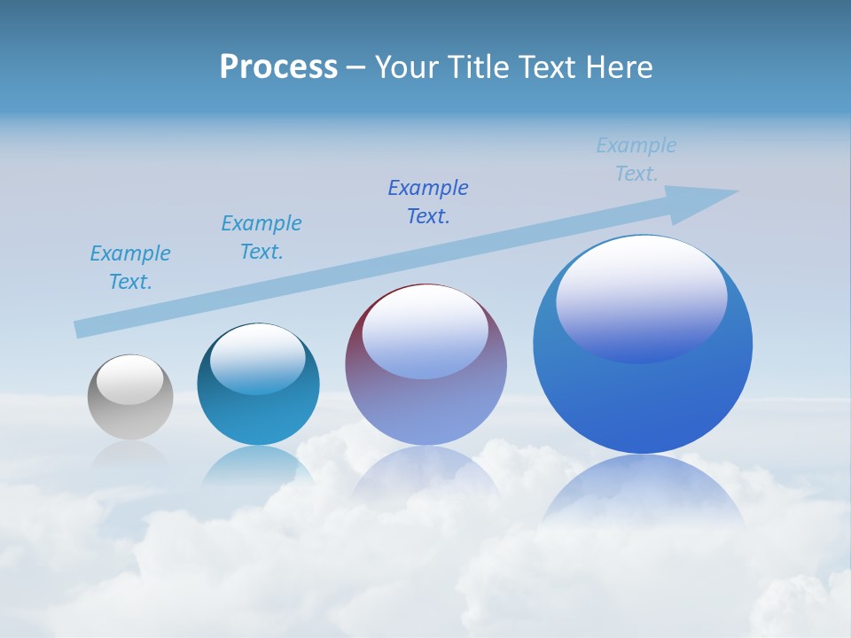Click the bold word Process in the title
click(x=278, y=67)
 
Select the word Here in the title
click(x=620, y=67)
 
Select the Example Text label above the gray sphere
click(x=130, y=268)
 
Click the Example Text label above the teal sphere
click(x=262, y=237)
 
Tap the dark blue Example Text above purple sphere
click(x=428, y=202)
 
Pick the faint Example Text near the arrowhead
click(x=636, y=159)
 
